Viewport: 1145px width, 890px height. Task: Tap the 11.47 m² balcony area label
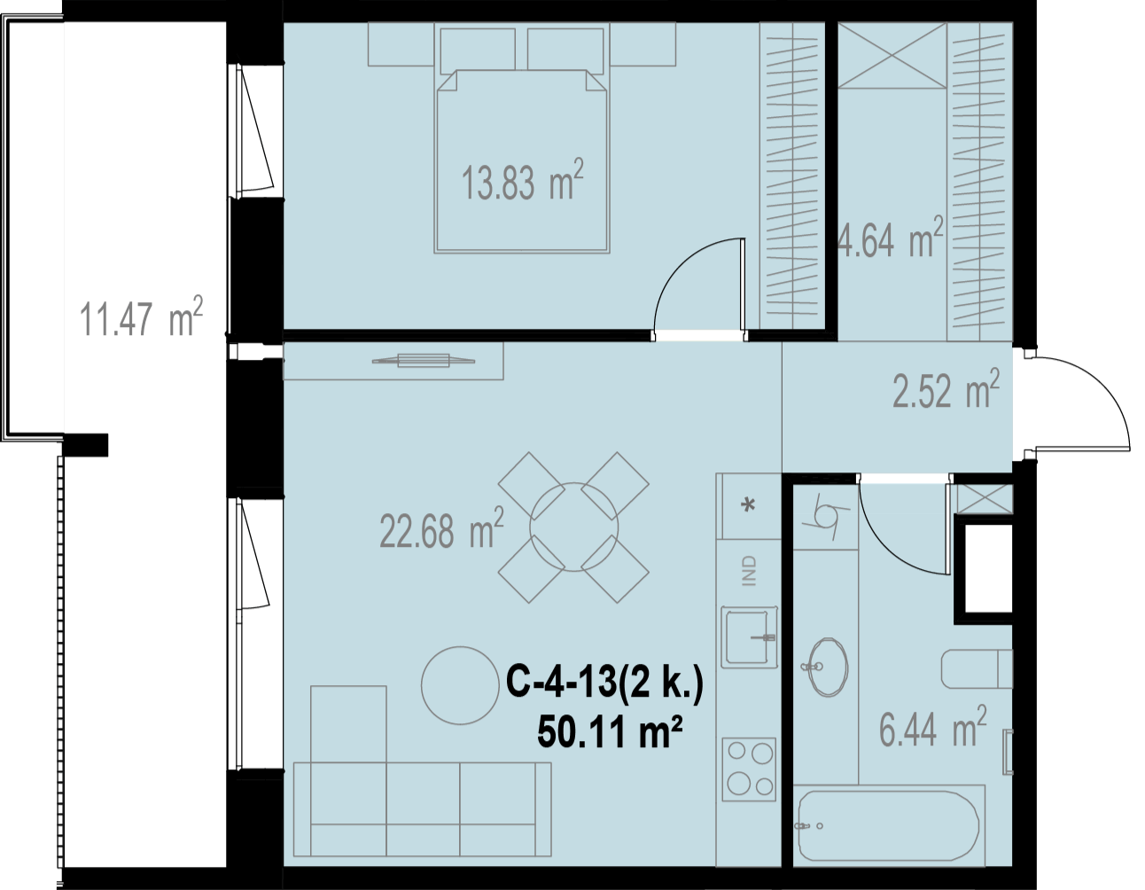pyautogui.click(x=141, y=316)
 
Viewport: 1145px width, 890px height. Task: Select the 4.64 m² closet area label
pyautogui.click(x=891, y=237)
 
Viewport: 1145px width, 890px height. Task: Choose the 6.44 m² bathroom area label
pyautogui.click(x=932, y=727)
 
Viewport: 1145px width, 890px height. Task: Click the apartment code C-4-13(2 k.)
pyautogui.click(x=604, y=683)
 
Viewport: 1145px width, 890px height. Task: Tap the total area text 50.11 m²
pyautogui.click(x=610, y=732)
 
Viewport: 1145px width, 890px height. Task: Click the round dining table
pyautogui.click(x=573, y=527)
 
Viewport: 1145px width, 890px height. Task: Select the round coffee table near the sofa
pyautogui.click(x=460, y=685)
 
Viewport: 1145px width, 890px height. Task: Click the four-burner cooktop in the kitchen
pyautogui.click(x=749, y=769)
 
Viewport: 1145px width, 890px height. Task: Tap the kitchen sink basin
pyautogui.click(x=747, y=636)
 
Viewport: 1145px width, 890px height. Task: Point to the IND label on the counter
pyautogui.click(x=749, y=571)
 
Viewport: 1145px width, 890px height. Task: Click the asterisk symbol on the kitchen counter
pyautogui.click(x=748, y=505)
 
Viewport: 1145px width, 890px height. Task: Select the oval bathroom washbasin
pyautogui.click(x=828, y=667)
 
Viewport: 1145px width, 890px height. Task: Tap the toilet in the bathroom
pyautogui.click(x=977, y=669)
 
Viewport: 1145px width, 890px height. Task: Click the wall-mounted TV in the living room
pyautogui.click(x=423, y=361)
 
